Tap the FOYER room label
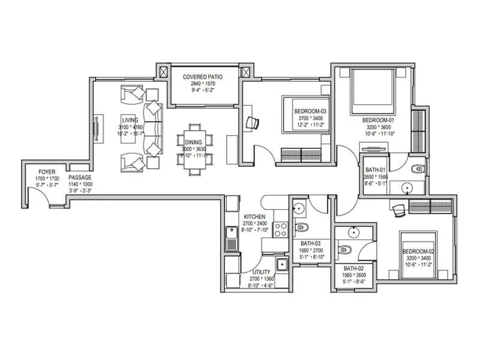pos(47,171)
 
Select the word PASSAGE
pos(79,178)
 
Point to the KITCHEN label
pos(254,216)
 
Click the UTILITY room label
pos(262,272)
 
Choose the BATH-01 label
pos(376,170)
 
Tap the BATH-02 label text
pos(354,269)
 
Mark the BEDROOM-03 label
pos(310,112)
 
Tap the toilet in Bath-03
pos(302,227)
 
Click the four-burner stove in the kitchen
pos(280,229)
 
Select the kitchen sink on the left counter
pos(230,239)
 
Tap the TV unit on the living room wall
pos(95,130)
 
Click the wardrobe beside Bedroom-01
pos(418,130)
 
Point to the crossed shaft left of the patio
pos(162,70)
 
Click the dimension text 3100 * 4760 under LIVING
pos(130,127)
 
